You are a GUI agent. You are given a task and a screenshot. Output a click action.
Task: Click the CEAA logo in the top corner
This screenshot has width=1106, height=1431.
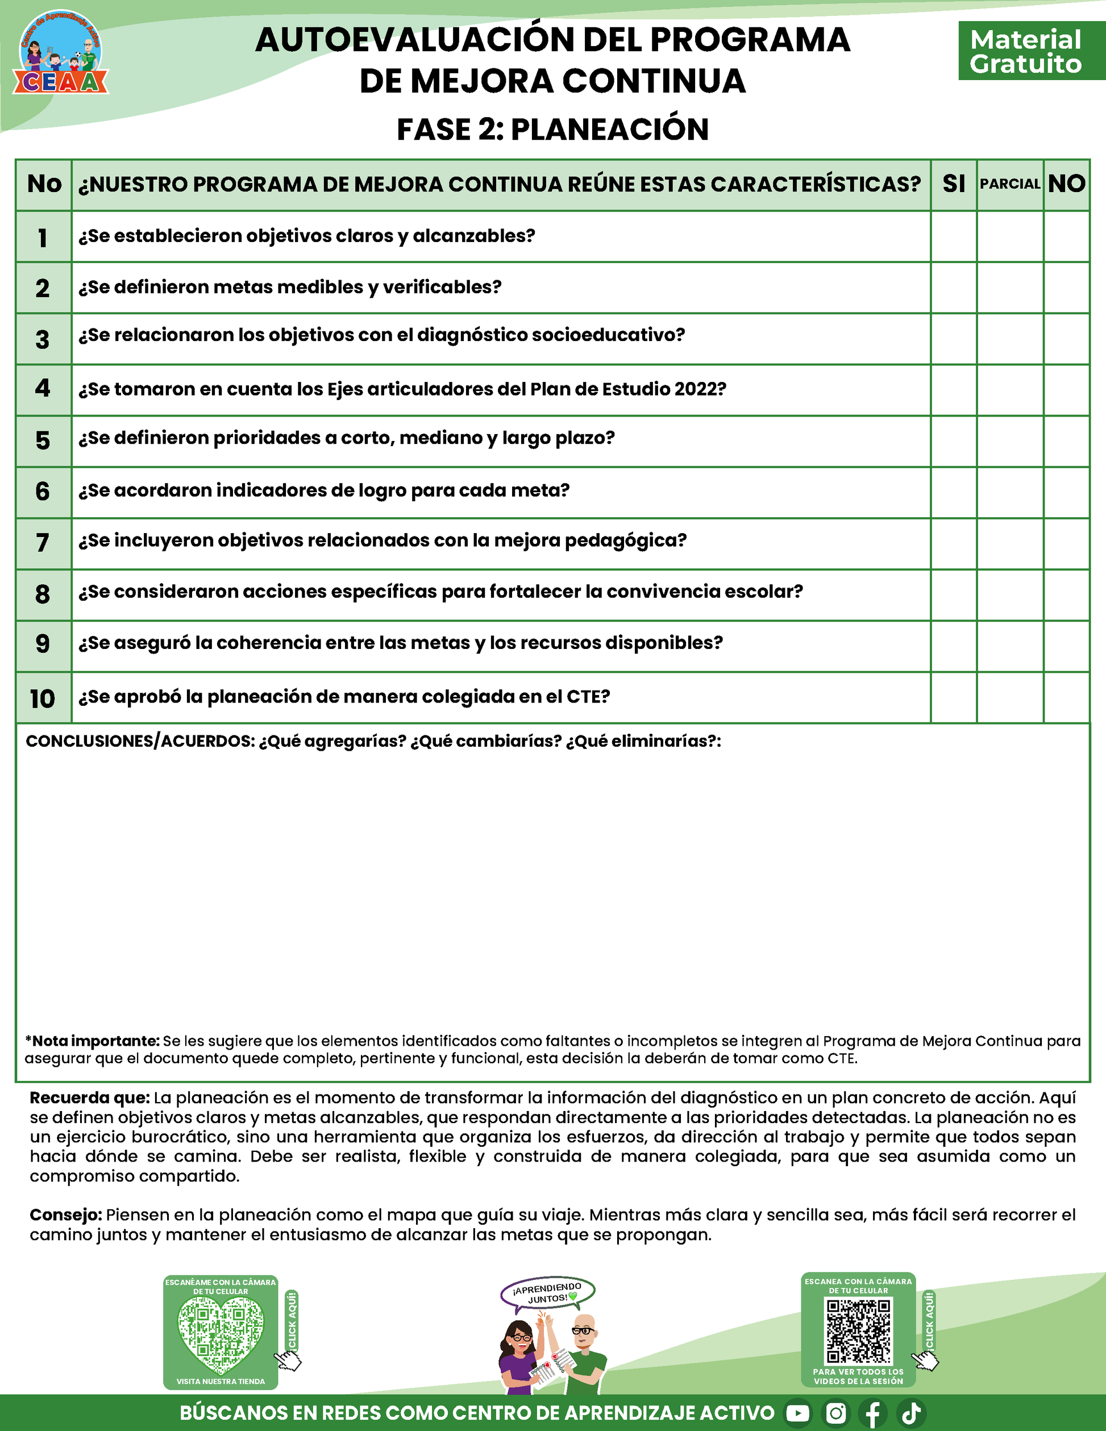[x=60, y=52]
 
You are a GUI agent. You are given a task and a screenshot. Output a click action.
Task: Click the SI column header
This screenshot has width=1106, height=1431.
[x=953, y=184]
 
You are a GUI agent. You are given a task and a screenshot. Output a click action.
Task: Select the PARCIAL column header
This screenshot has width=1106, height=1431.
[x=1010, y=184]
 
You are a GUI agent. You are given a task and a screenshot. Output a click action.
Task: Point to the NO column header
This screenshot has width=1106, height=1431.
[x=1066, y=184]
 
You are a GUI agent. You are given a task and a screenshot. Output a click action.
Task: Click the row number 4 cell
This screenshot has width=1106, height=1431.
[x=43, y=389]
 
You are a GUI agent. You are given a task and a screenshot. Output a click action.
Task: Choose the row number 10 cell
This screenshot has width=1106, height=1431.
[x=43, y=698]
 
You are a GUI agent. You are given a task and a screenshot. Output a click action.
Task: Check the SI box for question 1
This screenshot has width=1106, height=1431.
[x=953, y=236]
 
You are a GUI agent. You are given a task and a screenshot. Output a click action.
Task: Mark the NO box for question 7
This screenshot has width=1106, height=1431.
[x=1066, y=543]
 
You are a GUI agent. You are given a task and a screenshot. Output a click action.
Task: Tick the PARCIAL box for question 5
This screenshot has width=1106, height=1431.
[x=1010, y=441]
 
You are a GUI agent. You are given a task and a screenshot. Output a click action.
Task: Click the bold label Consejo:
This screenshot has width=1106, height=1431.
[x=65, y=1216]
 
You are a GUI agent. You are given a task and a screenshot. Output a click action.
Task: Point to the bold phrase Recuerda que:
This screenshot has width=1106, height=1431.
[x=90, y=1098]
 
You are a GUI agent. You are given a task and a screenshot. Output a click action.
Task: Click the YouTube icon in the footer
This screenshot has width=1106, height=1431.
[x=797, y=1413]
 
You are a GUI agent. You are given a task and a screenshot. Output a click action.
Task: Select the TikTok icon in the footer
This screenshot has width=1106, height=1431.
[x=912, y=1413]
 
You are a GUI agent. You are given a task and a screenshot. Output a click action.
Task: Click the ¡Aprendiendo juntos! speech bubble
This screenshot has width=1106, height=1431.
[x=548, y=1293]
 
